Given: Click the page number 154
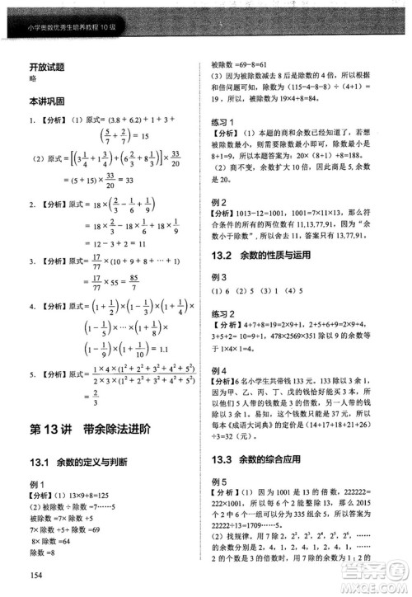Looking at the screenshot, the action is (x=35, y=576).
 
